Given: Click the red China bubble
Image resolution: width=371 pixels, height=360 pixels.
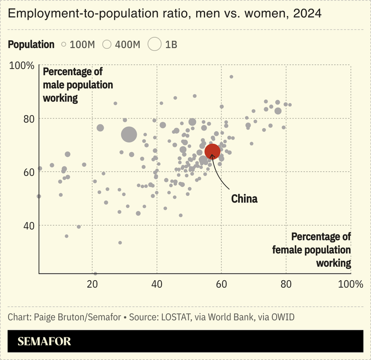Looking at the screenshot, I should pos(212,151).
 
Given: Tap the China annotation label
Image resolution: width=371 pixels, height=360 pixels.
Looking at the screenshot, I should pos(244,199).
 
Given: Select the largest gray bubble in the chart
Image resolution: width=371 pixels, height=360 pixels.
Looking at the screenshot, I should pos(129,135).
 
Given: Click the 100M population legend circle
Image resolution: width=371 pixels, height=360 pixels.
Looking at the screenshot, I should pos(64,45).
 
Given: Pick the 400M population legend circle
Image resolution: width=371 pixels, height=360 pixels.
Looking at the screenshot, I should pos(106,45).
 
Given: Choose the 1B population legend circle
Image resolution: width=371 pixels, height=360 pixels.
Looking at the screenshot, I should pos(155,45).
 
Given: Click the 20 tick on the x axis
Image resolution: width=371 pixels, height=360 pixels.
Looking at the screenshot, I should pos(92,284).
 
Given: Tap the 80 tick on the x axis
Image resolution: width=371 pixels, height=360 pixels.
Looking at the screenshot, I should pos(286,284).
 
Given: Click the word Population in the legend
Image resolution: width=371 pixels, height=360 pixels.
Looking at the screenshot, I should pos(31,45).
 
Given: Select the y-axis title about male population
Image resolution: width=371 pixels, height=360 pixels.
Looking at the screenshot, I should pos(78,85).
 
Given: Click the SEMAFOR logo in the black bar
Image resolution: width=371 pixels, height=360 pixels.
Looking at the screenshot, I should pos(44,341).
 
